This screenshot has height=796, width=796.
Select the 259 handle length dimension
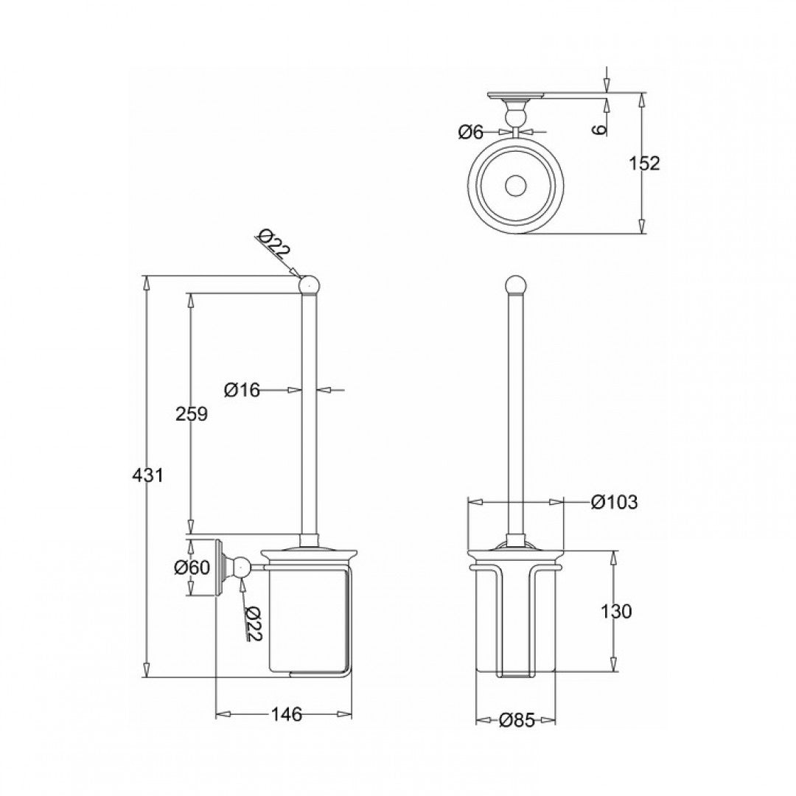[192, 413]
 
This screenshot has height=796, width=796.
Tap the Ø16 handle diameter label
[242, 390]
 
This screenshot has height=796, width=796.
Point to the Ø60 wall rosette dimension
[192, 568]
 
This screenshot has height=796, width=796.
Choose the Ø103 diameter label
[614, 502]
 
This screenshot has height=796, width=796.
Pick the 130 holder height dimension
[616, 611]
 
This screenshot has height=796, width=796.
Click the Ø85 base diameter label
[516, 721]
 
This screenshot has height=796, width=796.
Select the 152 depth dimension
[646, 163]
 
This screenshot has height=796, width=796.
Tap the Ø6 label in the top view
[470, 132]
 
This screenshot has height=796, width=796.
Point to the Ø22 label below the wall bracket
[253, 624]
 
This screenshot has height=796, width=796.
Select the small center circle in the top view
[516, 185]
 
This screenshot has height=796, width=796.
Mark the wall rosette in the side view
[219, 568]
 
